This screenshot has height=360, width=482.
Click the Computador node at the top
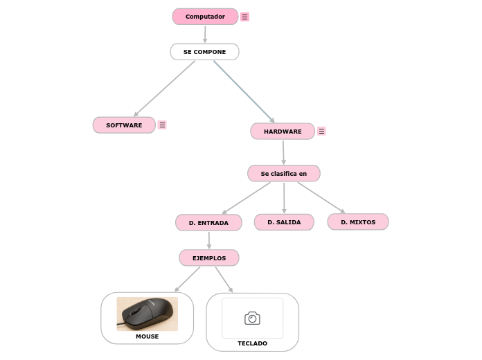point(205,17)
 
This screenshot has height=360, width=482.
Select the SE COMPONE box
point(204,52)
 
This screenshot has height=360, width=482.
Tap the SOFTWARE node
point(124,125)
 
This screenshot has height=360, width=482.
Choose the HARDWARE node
point(283,132)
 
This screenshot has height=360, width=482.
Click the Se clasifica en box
point(283,173)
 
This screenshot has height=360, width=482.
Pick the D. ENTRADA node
point(208,223)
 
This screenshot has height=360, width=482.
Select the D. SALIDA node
point(284,222)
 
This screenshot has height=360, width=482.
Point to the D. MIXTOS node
point(358,222)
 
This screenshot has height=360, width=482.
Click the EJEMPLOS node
point(209,258)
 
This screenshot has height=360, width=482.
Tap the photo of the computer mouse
point(147,314)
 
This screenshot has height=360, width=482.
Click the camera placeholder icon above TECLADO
point(252,318)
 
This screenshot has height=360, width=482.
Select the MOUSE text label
point(147,336)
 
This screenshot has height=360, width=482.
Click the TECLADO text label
point(252,343)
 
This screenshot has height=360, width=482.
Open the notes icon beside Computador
point(245,17)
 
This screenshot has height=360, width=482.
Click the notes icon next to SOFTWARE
point(162,125)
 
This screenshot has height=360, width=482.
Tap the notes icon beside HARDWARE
point(321,132)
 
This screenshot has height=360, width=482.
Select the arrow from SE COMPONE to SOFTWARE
point(164,89)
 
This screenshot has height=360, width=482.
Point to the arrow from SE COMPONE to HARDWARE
point(244,91)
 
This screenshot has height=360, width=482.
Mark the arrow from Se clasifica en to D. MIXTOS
point(321,197)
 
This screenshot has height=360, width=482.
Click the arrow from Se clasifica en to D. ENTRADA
point(247,198)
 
